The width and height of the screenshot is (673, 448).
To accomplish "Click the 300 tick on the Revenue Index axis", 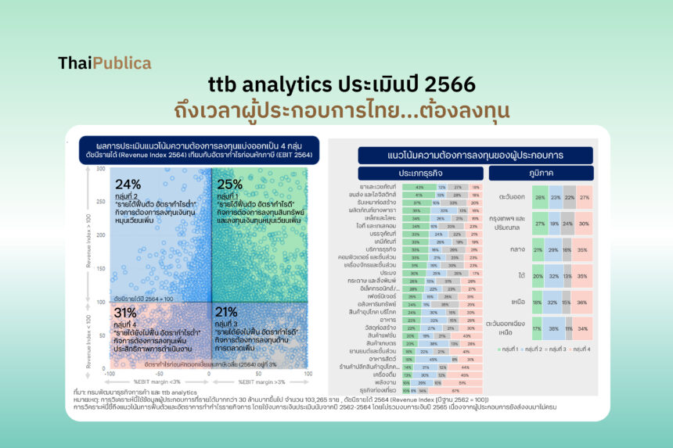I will pos(100,169).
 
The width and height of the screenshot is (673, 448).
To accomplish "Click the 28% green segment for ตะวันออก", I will pos(539,198).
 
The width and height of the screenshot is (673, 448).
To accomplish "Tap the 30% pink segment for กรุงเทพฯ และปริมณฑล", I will pos(583,224).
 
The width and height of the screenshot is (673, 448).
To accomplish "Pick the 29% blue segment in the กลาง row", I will pos(553,249).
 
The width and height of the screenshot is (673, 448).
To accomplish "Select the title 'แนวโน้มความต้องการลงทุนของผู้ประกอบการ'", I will pos(475,156).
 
